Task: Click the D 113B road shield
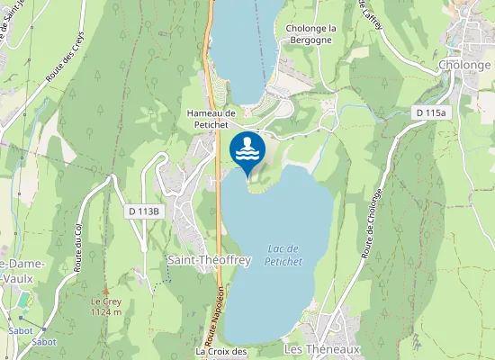coord(143,211)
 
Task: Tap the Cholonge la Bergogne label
coord(310,34)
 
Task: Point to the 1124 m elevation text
coord(105,312)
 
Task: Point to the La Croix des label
coord(221,352)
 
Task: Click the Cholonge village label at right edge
coord(467,66)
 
